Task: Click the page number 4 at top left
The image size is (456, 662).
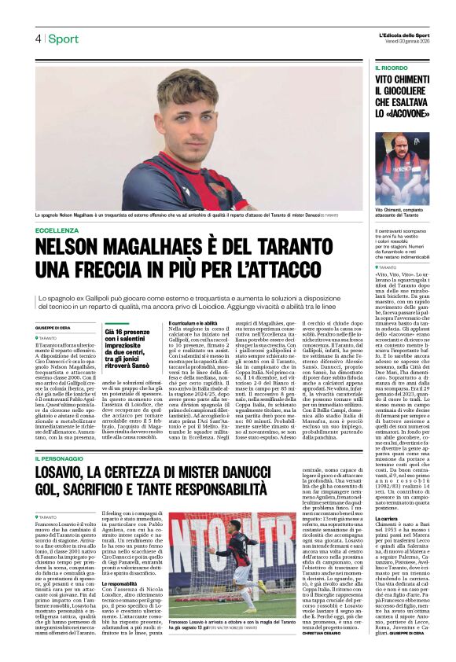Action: (38, 39)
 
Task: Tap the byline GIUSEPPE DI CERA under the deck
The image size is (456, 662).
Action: (53, 326)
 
